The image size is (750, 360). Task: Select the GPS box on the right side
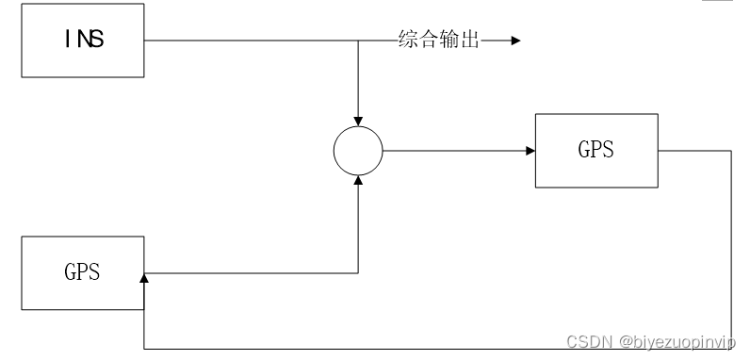(595, 151)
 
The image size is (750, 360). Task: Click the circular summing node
(358, 151)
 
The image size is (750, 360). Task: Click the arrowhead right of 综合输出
(514, 41)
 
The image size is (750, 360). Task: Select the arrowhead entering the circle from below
(358, 181)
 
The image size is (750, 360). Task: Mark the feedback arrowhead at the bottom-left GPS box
(143, 278)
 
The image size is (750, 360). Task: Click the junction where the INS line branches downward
(358, 41)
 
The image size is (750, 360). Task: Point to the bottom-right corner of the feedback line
(731, 349)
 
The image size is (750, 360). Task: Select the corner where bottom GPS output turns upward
(358, 273)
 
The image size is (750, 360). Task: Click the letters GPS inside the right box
(595, 151)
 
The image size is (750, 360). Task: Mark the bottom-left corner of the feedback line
(143, 349)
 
